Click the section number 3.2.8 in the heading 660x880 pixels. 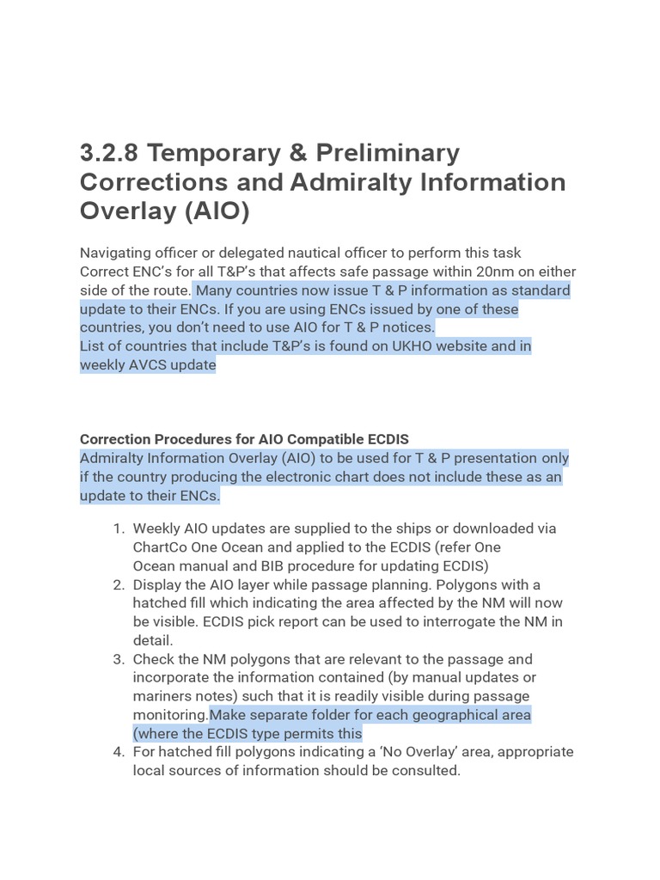point(108,154)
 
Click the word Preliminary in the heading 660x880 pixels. point(388,154)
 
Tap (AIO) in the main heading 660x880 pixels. point(214,211)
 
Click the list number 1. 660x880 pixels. point(119,529)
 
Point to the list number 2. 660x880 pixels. point(119,584)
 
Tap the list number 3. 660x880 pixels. point(119,659)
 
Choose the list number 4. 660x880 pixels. point(119,752)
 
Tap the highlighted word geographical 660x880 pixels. point(437,715)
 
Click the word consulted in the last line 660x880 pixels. point(427,771)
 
